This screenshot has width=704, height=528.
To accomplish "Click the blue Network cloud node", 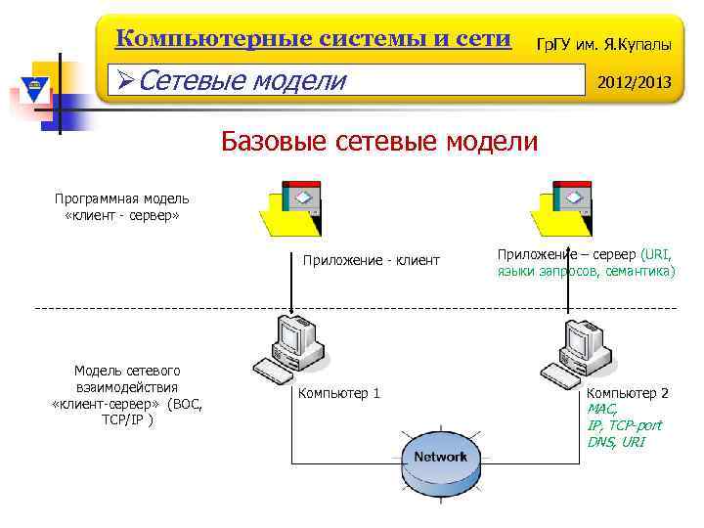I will click(440, 458).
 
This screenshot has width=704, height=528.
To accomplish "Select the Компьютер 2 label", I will click(627, 393).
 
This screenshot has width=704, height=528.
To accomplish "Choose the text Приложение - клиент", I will click(372, 261).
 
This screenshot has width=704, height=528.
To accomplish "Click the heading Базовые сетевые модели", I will click(379, 141).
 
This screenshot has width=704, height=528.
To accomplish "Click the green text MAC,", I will click(602, 410).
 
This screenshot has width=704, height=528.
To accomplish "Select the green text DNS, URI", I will click(616, 442).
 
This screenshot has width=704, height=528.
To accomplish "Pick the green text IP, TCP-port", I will click(624, 425).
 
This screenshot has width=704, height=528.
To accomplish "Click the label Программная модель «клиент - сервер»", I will click(122, 206).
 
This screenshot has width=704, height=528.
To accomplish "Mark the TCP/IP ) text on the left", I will click(126, 418).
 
